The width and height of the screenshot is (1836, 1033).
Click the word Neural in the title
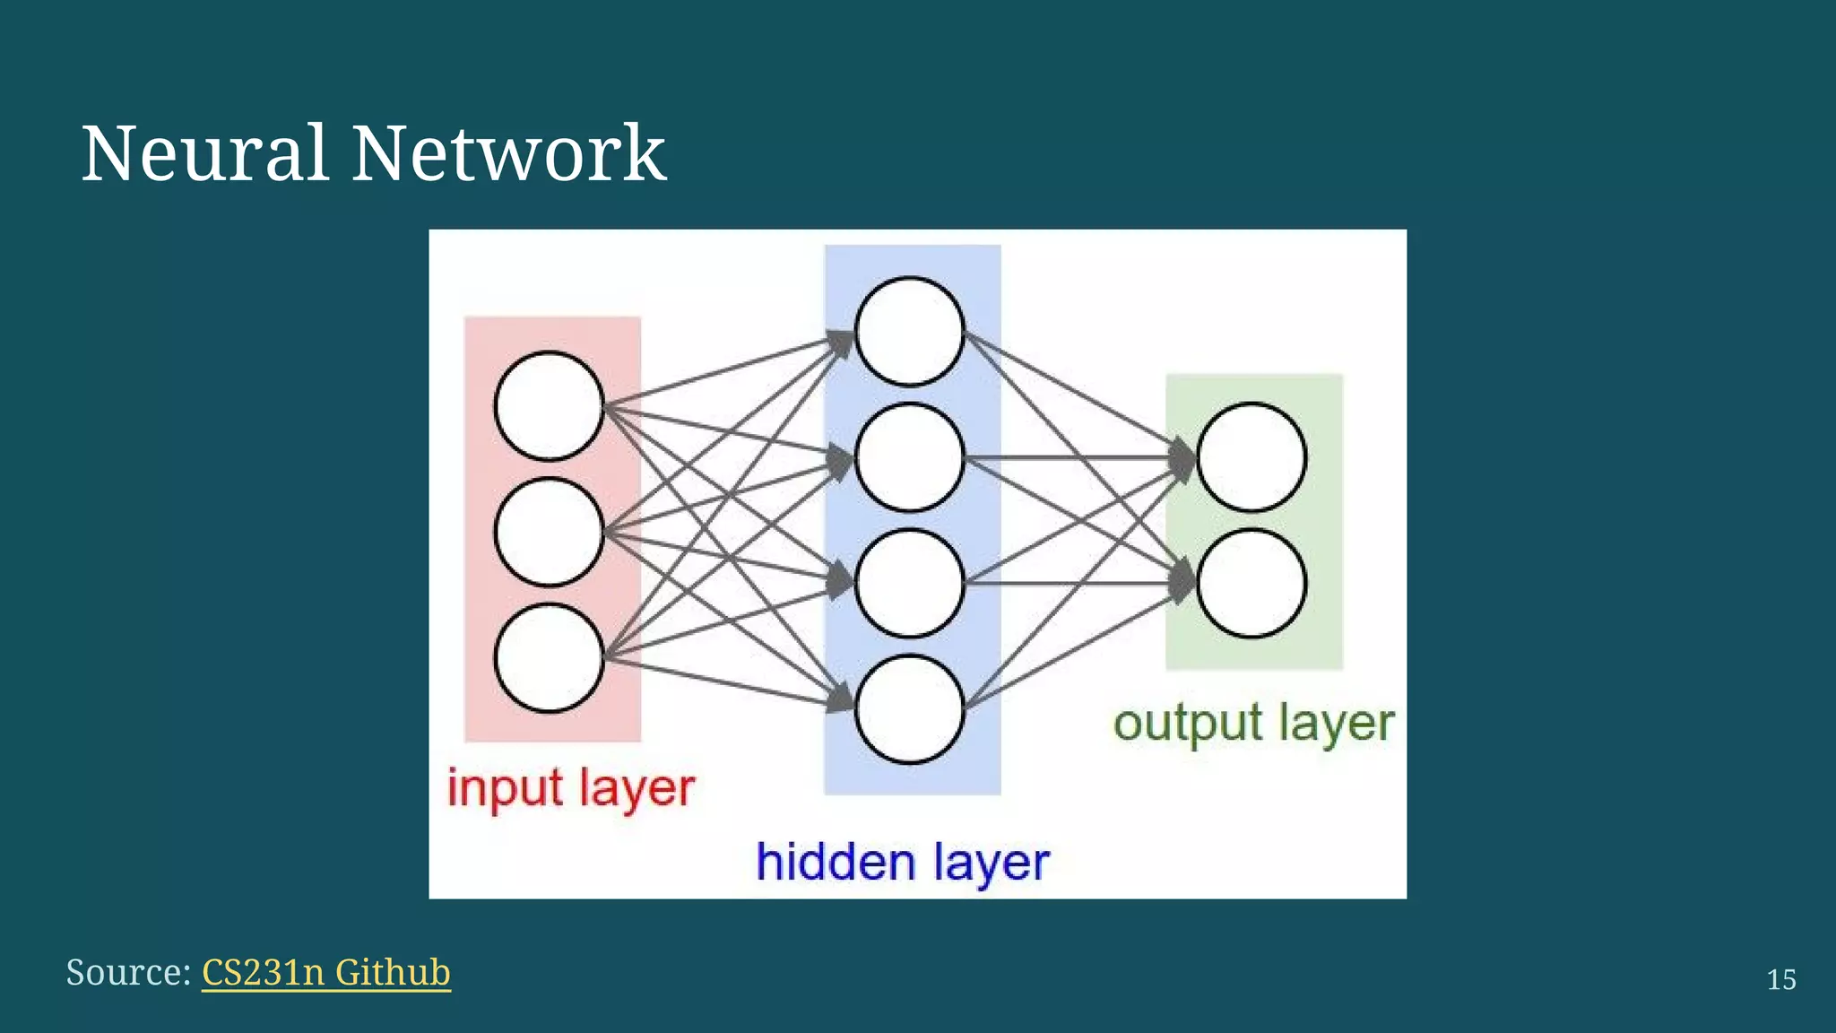204,153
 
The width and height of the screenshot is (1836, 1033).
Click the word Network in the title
508,153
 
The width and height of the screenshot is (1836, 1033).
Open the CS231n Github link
325,972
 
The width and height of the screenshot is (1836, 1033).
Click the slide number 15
1780,979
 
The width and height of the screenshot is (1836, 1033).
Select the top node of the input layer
549,405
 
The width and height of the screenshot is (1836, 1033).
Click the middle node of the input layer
549,532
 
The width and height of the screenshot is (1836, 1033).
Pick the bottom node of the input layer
549,658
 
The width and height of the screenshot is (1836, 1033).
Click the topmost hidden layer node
909,332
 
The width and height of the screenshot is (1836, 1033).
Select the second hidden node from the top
909,457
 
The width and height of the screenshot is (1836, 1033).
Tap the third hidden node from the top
909,583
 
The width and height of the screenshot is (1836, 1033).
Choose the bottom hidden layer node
909,709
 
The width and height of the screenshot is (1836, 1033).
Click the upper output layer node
1251,457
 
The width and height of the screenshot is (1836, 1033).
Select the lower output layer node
1251,583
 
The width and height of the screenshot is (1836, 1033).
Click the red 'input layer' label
571,789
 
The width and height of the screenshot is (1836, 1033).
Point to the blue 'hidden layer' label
902,863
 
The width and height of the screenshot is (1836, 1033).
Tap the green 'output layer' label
1253,723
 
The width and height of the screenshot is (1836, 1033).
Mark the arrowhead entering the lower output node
1183,583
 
